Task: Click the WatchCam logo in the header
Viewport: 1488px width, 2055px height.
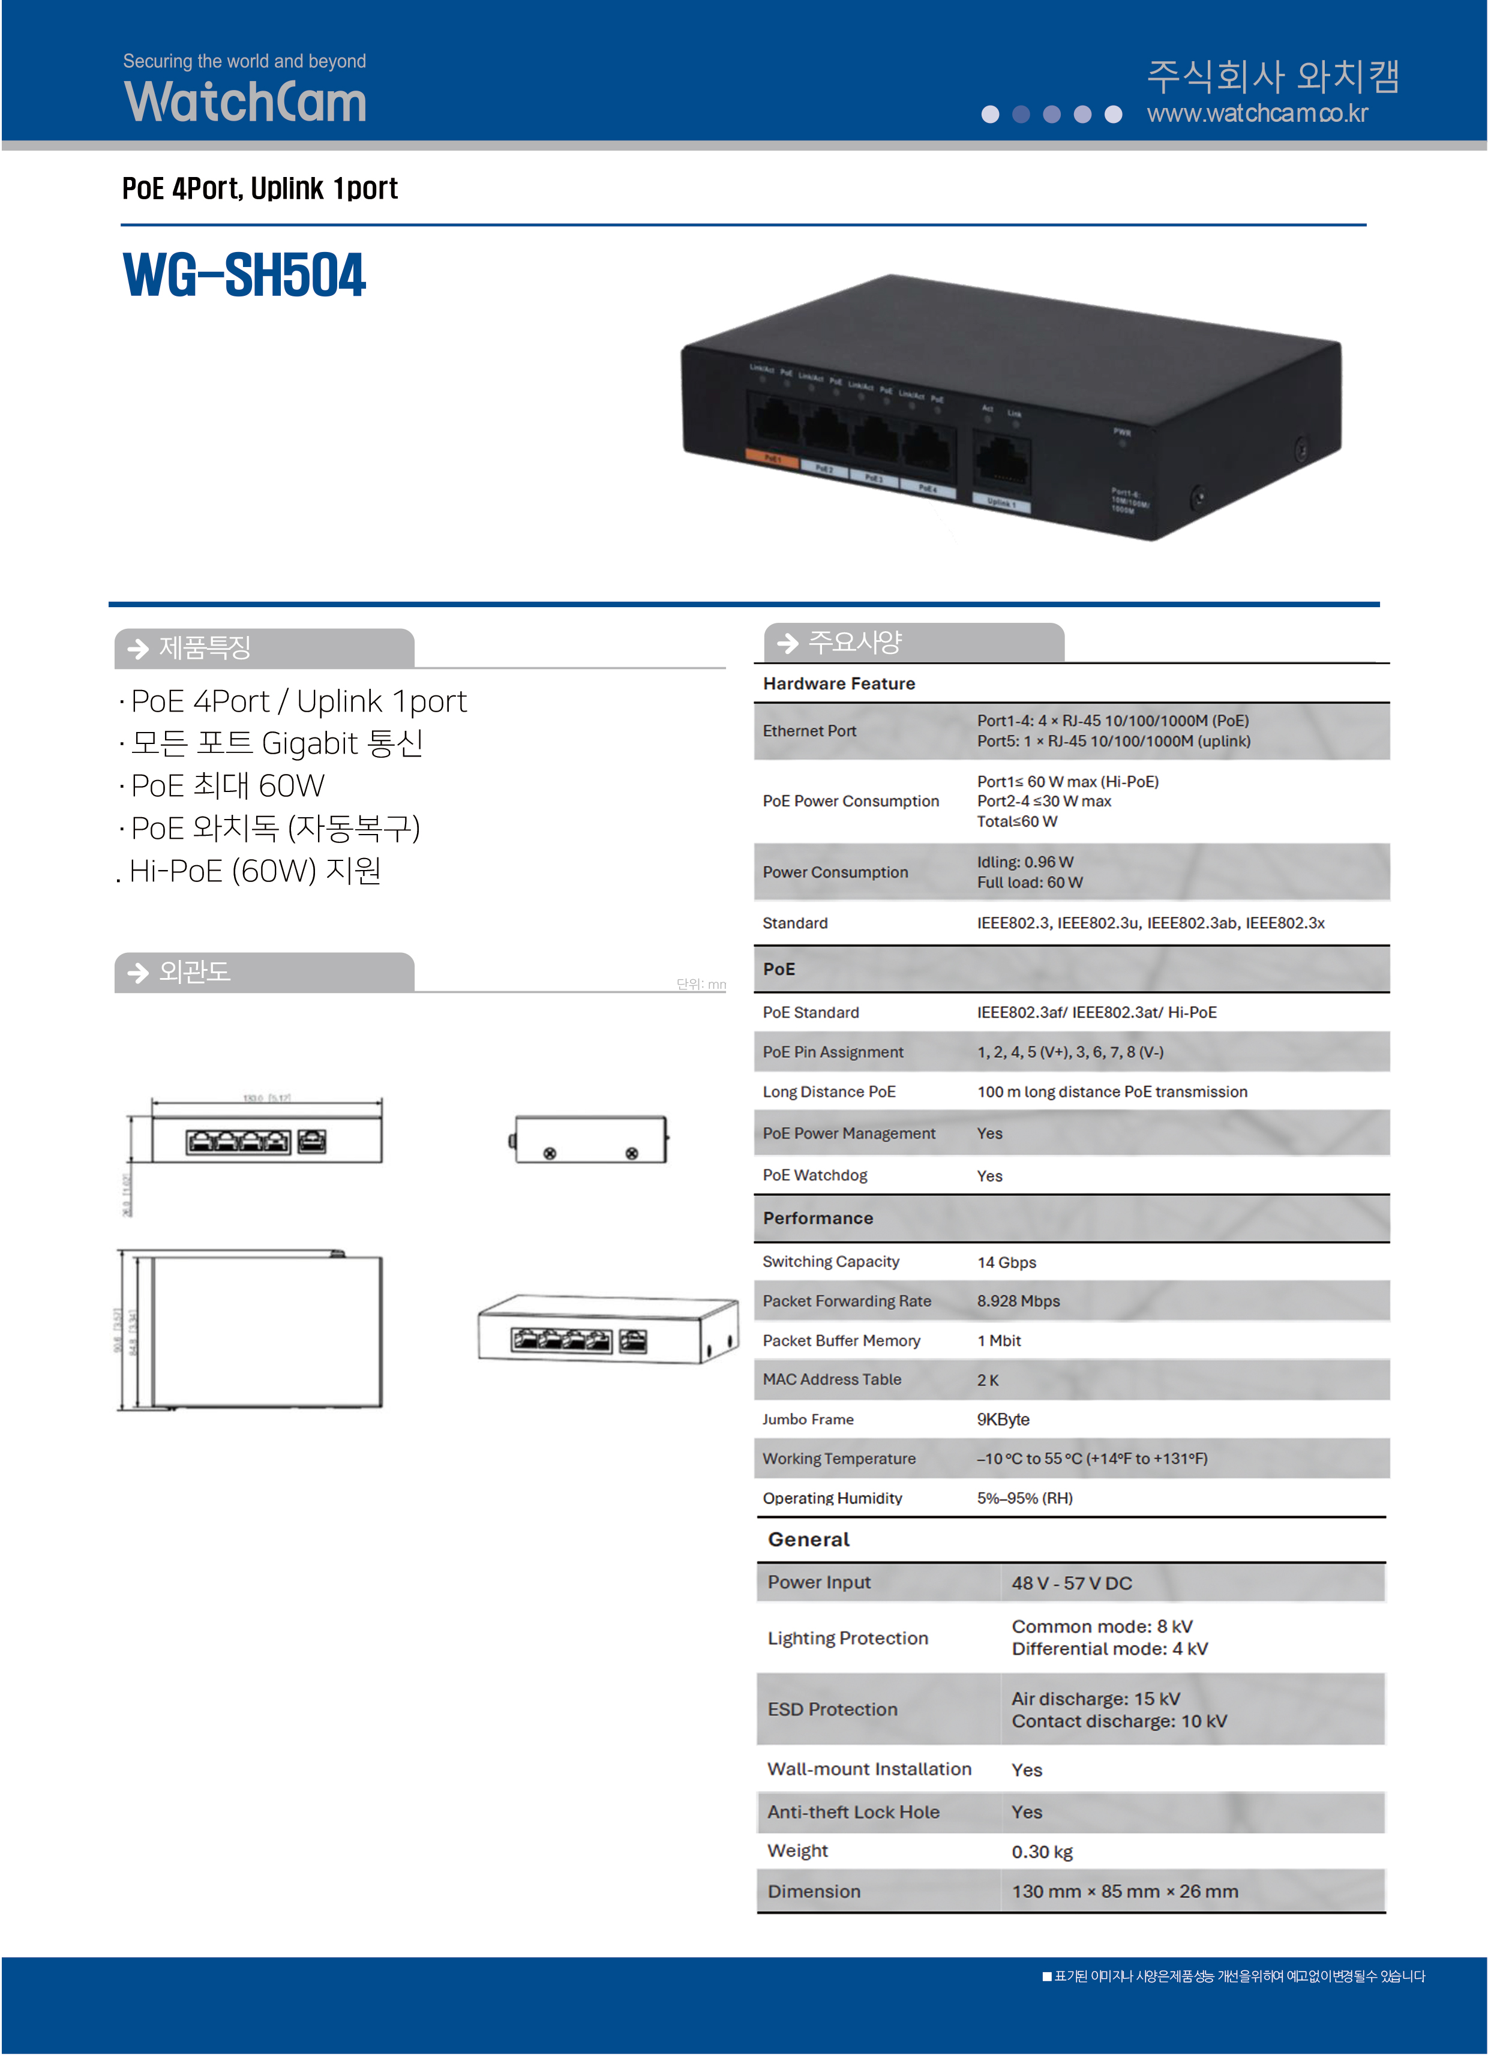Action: (245, 101)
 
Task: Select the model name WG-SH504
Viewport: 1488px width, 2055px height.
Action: (245, 275)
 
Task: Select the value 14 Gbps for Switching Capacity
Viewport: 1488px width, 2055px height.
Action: (1006, 1262)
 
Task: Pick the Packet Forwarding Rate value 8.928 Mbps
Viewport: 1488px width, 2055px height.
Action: (1018, 1301)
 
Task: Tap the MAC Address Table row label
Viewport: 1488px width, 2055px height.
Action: (832, 1379)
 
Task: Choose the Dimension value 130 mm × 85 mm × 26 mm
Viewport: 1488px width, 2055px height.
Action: (1124, 1892)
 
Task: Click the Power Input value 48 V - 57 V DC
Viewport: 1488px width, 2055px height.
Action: (1072, 1583)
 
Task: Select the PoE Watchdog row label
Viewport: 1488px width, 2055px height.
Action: (815, 1175)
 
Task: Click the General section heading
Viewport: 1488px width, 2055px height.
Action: (808, 1540)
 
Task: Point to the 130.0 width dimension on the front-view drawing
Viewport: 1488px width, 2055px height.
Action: (266, 1098)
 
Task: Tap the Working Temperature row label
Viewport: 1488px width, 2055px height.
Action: (839, 1459)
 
